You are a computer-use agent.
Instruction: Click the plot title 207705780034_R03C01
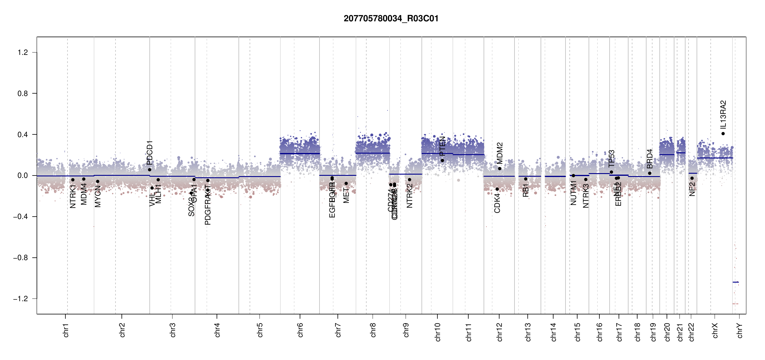click(391, 19)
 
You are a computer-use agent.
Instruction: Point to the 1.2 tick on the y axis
click(23, 52)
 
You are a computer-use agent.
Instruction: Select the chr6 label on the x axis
click(300, 330)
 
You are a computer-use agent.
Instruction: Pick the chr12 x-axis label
click(499, 332)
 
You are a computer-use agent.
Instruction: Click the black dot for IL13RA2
click(723, 134)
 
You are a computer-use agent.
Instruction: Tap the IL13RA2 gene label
click(723, 114)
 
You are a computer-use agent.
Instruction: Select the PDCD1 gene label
click(150, 153)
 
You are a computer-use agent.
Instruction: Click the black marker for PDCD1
click(150, 170)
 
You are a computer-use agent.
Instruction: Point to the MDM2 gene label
click(499, 153)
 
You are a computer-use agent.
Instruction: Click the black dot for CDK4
click(497, 189)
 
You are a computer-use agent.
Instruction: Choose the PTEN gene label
click(442, 146)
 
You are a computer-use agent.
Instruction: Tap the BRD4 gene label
click(650, 159)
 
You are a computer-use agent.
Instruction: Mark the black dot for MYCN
click(97, 181)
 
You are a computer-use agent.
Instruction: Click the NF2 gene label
click(692, 189)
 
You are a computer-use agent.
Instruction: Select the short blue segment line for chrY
click(736, 282)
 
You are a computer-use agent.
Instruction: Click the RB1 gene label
click(526, 190)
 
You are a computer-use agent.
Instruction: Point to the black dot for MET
click(346, 184)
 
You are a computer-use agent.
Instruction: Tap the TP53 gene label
click(611, 158)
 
